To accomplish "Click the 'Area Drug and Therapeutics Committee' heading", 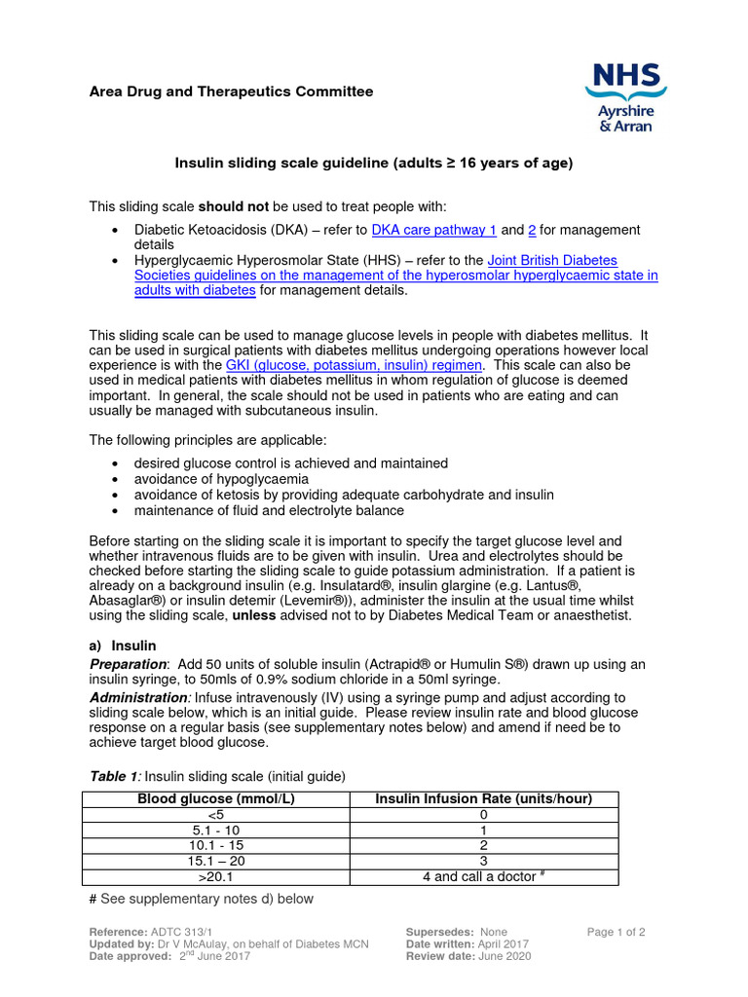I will click(231, 92).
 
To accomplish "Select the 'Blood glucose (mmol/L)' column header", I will click(215, 799).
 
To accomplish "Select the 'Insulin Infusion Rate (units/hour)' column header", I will click(483, 799).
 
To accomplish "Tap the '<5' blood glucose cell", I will click(215, 815).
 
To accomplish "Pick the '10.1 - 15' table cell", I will click(215, 846).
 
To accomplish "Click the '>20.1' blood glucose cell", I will click(215, 877).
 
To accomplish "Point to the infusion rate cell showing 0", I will click(483, 815).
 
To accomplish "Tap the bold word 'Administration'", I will click(138, 698).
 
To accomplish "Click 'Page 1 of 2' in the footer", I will click(616, 932).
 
